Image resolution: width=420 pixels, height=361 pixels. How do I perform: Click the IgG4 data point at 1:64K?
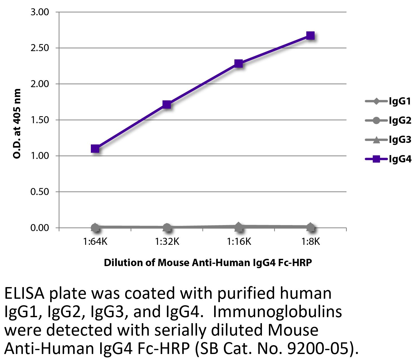(x=95, y=149)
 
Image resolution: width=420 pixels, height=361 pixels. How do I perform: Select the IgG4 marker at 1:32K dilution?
(x=167, y=105)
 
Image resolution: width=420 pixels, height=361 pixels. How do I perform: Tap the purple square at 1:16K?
(x=239, y=63)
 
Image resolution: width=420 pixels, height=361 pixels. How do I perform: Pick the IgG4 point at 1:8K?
(x=310, y=36)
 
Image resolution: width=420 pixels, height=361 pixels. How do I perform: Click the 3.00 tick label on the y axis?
(x=40, y=12)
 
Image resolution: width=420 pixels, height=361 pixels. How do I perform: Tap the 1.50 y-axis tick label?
(x=40, y=120)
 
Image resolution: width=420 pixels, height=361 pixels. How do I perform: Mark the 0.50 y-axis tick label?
(x=40, y=192)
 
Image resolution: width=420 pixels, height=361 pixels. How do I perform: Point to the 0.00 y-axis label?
(x=40, y=228)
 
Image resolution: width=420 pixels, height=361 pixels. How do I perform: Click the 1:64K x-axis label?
(x=95, y=242)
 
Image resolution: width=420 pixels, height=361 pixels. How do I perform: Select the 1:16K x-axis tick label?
(x=239, y=242)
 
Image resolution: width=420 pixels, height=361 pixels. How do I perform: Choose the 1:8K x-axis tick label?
(x=310, y=242)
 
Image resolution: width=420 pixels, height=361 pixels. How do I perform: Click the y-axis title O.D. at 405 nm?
(x=17, y=124)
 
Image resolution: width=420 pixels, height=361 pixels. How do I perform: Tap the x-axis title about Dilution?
(x=208, y=263)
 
